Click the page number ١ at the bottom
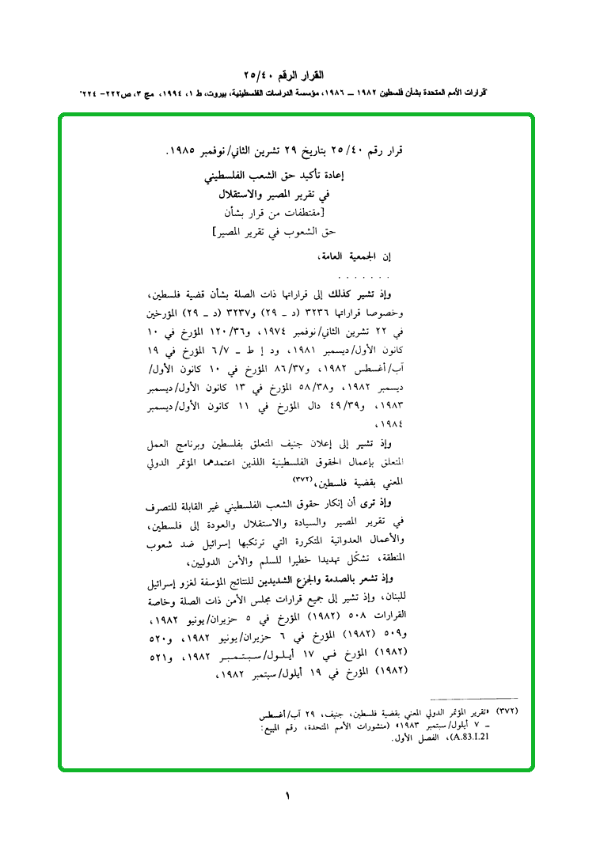288,795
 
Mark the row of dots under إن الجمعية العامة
364,279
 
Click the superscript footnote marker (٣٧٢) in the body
304,480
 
